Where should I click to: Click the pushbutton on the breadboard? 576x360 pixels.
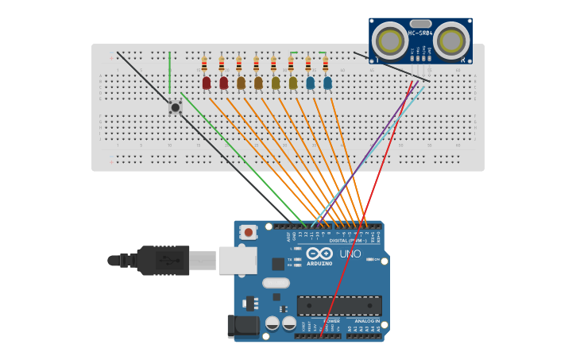tap(176, 107)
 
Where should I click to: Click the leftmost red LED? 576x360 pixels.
tap(207, 82)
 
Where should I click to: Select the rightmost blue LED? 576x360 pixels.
tap(327, 82)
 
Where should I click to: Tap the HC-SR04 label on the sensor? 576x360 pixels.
tap(420, 33)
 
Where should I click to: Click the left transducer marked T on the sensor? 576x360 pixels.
tap(389, 41)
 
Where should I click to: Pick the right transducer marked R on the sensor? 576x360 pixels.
tap(451, 41)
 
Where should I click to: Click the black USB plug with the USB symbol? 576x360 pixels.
tap(163, 260)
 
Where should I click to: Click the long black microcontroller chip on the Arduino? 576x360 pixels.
tap(339, 305)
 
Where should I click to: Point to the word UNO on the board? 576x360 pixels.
tap(350, 254)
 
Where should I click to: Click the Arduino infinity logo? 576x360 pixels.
tap(319, 253)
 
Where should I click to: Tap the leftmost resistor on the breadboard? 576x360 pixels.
tap(204, 64)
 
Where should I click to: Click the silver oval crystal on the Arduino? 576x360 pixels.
tap(276, 283)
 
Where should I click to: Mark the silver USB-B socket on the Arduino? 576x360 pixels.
tap(237, 260)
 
